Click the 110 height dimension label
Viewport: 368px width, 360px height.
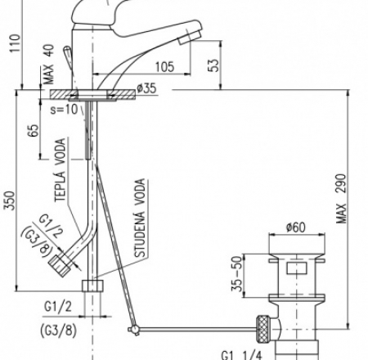[15, 43]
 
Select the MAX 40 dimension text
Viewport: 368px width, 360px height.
[49, 65]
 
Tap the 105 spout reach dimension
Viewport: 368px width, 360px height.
[164, 67]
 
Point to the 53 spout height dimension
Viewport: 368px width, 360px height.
[214, 65]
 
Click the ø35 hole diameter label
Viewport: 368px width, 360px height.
[146, 88]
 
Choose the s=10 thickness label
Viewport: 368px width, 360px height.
[65, 110]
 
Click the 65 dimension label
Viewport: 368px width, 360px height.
[34, 130]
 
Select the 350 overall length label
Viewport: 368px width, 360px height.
[10, 200]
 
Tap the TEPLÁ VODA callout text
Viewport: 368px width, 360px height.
[61, 170]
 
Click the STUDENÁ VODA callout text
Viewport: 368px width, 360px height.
[140, 218]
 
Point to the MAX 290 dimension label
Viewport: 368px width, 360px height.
[341, 199]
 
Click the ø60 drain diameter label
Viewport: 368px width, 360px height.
[296, 227]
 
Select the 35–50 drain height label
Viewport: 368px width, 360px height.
[237, 274]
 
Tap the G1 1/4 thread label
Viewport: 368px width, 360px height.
[241, 355]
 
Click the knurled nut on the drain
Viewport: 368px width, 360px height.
[263, 329]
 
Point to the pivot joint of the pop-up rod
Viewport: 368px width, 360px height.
[134, 330]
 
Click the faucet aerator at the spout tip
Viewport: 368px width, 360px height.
[190, 37]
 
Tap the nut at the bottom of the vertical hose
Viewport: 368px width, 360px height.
[92, 286]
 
